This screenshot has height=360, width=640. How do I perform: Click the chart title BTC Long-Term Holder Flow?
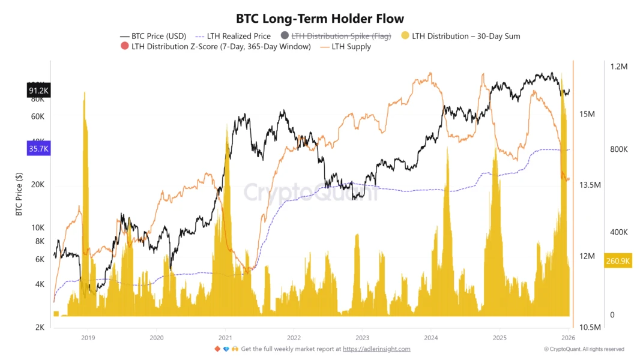pyautogui.click(x=320, y=19)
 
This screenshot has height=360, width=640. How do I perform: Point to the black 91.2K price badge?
pyautogui.click(x=38, y=91)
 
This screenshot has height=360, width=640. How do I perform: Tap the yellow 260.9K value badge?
pyautogui.click(x=618, y=261)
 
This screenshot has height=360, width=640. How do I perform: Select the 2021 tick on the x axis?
pyautogui.click(x=225, y=338)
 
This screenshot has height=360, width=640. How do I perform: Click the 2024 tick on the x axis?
pyautogui.click(x=431, y=338)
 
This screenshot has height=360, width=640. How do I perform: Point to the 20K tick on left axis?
pyautogui.click(x=38, y=185)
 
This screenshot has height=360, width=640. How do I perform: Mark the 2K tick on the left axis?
pyautogui.click(x=40, y=328)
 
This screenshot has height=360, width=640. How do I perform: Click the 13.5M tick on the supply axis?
pyautogui.click(x=590, y=185)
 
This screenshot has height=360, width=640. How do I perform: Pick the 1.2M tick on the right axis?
pyautogui.click(x=618, y=67)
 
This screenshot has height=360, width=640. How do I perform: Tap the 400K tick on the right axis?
pyautogui.click(x=618, y=232)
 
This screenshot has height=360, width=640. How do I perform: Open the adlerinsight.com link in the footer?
pyautogui.click(x=376, y=349)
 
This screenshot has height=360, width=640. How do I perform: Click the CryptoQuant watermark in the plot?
pyautogui.click(x=310, y=193)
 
